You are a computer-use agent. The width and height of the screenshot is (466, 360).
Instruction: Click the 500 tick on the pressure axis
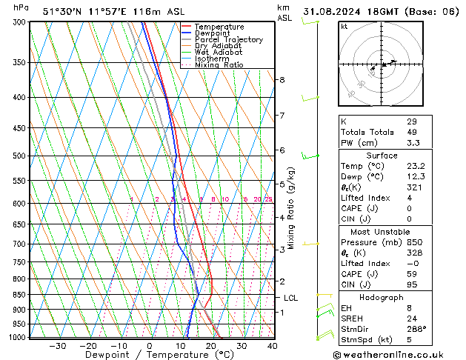click(19, 156)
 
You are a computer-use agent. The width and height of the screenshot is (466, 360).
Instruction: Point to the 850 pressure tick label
click(19, 294)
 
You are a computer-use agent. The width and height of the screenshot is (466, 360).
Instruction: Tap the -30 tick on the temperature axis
click(57, 345)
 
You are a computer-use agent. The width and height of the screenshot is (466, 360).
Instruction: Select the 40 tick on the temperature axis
click(272, 345)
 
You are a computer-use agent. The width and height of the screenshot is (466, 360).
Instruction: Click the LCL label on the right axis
click(291, 298)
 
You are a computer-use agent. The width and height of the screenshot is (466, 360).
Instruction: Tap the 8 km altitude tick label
click(282, 79)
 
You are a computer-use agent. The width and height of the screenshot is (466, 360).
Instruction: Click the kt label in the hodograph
click(344, 26)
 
